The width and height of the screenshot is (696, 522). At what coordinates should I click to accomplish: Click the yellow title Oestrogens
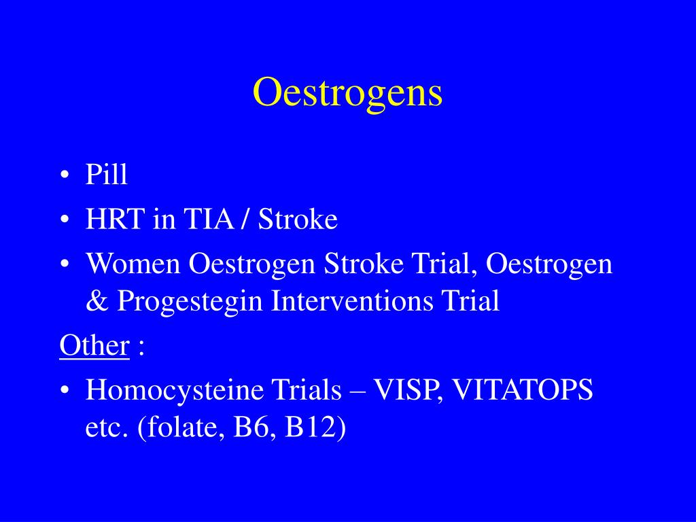point(347,92)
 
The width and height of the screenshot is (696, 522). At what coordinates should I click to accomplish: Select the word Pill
point(107,175)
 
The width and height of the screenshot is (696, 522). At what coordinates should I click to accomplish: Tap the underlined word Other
point(94,346)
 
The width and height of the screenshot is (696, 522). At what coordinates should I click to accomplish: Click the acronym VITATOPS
point(523,390)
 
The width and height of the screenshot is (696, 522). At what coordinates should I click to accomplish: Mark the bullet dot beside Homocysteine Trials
point(64,391)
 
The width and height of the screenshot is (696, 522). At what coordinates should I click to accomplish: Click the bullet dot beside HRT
point(64,221)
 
